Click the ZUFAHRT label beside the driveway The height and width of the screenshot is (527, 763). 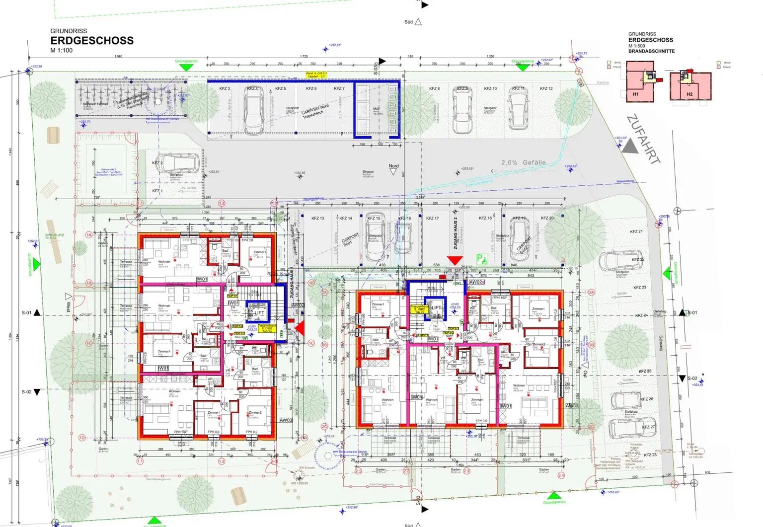[644, 139]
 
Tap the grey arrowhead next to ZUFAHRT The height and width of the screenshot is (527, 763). [630, 146]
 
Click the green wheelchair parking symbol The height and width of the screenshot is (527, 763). [481, 258]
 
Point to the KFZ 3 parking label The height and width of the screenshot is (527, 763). [225, 88]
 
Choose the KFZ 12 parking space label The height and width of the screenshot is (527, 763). [546, 88]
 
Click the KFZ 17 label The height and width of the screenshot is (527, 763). [432, 218]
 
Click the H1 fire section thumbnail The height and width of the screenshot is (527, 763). [640, 81]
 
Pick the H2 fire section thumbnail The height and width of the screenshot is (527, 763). [690, 85]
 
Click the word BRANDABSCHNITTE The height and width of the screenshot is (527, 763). [651, 51]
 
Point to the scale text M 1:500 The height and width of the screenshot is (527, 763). [637, 46]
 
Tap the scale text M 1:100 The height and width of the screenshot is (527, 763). [61, 50]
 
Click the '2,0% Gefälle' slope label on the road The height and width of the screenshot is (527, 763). [523, 162]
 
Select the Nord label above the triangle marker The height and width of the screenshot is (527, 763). [393, 166]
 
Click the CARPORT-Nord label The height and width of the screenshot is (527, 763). [315, 110]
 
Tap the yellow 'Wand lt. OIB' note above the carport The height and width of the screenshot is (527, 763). [316, 75]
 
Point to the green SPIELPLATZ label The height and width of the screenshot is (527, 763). [55, 235]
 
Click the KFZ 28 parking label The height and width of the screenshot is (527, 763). [650, 454]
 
